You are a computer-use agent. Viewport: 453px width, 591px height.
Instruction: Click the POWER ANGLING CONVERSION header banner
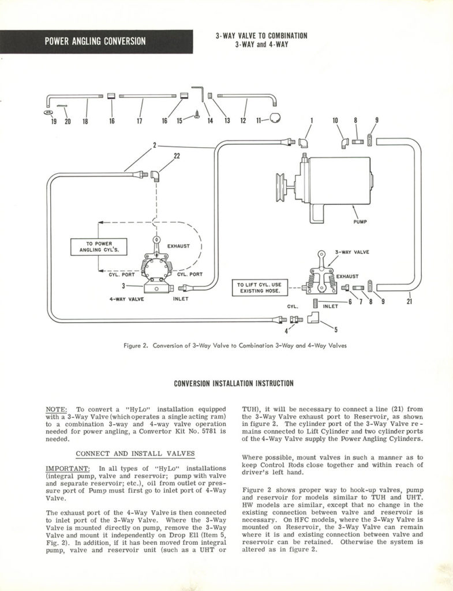(x=96, y=42)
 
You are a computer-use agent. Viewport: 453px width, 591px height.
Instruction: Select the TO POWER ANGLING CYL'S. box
(x=99, y=246)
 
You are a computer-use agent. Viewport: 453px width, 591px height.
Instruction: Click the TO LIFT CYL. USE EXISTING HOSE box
(x=260, y=287)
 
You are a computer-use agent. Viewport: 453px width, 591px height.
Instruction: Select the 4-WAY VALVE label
(x=126, y=300)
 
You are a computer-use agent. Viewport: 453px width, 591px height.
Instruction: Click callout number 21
(x=409, y=300)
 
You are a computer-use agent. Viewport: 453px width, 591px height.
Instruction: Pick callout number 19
(x=53, y=121)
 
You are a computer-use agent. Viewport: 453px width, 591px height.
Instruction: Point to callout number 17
(x=139, y=121)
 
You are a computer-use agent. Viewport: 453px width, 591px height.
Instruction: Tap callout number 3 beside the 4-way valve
(x=123, y=286)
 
